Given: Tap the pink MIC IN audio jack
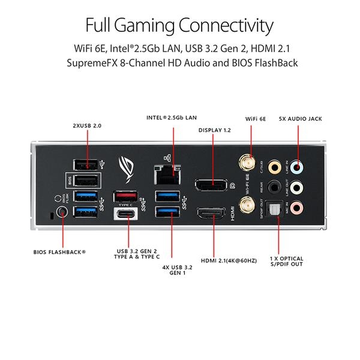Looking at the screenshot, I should pos(305,208).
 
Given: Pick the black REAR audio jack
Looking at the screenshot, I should pos(275,187).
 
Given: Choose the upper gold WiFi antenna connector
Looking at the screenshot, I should pos(246,162).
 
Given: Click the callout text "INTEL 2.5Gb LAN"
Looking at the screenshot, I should pos(171,118).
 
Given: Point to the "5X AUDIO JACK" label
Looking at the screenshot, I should pos(301,119).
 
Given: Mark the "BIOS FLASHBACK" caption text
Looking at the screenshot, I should pos(60,252).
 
